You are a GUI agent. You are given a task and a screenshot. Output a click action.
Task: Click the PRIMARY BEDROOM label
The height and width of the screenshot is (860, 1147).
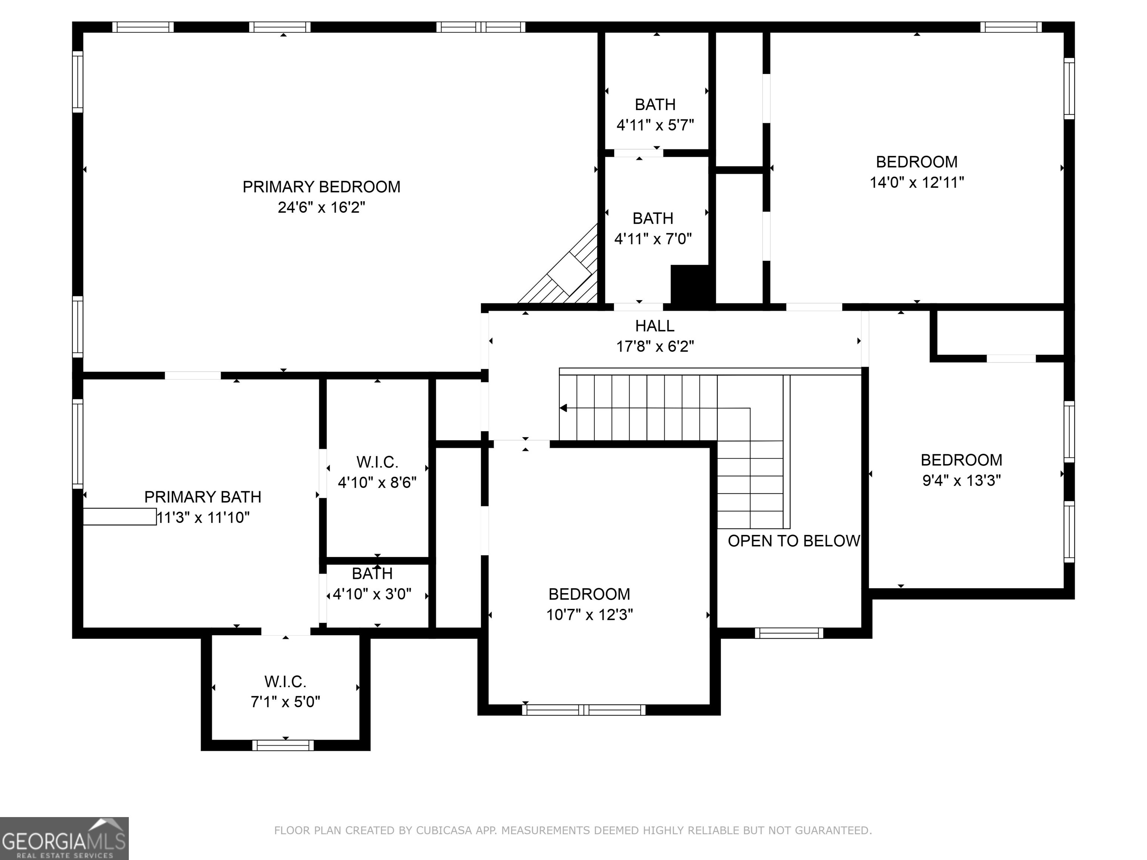pos(321,187)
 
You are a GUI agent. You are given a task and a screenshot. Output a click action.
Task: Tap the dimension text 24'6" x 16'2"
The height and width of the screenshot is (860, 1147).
pos(321,208)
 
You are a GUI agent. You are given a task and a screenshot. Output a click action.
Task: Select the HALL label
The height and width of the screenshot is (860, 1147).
pos(655,326)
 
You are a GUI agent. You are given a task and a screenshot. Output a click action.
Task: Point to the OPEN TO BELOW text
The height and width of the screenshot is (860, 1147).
pos(793,541)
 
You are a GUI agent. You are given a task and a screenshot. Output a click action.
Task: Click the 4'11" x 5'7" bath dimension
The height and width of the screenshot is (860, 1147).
pos(655,125)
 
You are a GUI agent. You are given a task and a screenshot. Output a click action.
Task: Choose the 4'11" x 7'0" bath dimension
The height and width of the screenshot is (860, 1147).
pos(653,239)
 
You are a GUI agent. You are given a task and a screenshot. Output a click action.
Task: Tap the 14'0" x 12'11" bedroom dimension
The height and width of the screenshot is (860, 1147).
pos(916,183)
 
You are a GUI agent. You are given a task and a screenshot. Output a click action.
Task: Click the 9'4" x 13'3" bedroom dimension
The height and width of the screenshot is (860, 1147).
pos(961,480)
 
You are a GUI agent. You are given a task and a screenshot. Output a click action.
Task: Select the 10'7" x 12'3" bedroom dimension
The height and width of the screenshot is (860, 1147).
pos(589,615)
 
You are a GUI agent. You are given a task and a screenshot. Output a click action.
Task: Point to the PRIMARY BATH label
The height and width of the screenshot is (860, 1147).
pos(202,497)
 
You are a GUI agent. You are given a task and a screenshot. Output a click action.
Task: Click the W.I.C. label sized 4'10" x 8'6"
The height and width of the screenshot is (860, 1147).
pos(377,462)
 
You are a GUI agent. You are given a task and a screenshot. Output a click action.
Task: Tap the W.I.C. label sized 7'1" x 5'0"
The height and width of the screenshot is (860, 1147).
pos(285,681)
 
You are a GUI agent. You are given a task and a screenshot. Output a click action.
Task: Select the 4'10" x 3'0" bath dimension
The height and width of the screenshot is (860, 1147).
pos(372,594)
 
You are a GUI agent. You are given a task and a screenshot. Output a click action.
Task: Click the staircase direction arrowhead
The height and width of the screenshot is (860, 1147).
pos(564,408)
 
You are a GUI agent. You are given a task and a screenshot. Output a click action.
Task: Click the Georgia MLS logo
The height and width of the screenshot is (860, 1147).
pos(64,838)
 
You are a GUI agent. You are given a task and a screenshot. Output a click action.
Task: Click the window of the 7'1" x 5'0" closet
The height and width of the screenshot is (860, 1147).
pos(283,745)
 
